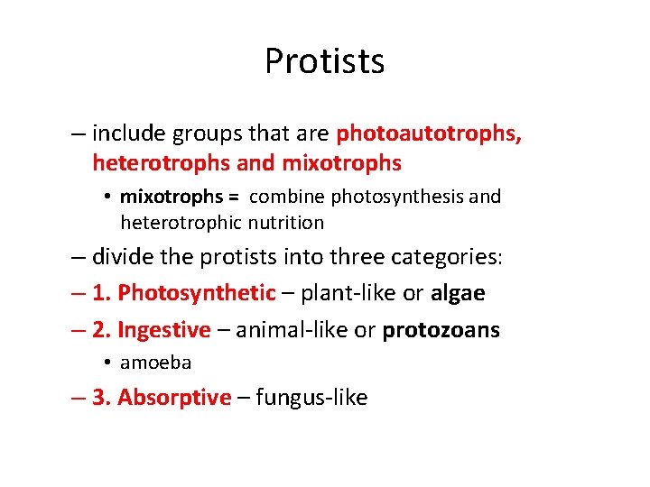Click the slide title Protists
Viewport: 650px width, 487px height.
[325, 61]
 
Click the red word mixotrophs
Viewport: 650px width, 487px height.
[342, 163]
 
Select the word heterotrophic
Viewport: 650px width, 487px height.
[181, 222]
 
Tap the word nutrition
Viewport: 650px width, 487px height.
[285, 222]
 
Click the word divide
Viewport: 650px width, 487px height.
[122, 257]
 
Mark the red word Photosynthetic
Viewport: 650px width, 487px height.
[197, 293]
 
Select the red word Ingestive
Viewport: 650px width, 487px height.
[163, 330]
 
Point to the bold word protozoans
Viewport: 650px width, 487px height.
[441, 330]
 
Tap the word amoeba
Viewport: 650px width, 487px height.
[155, 363]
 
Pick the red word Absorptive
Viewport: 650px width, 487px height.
[174, 398]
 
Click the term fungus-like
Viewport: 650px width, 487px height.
[311, 398]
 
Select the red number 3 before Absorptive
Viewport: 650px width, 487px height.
[100, 398]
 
